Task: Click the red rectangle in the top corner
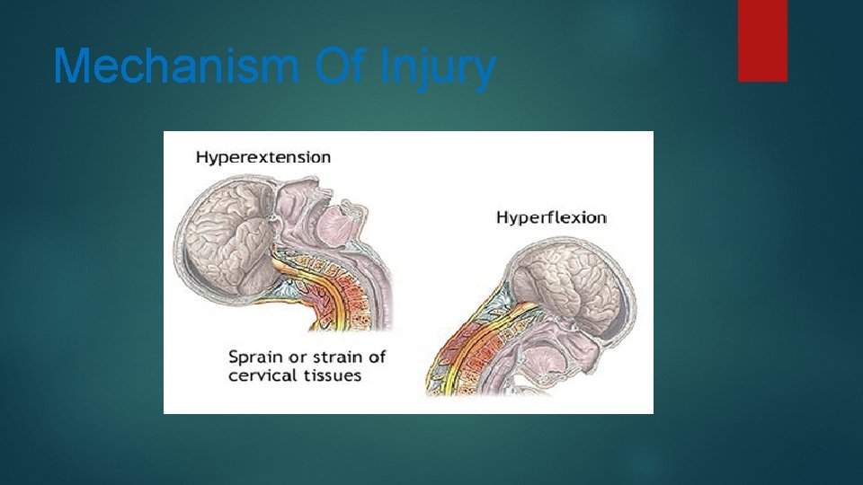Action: point(762,40)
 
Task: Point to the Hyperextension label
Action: point(263,157)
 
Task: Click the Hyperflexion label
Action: point(552,217)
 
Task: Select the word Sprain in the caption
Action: point(257,357)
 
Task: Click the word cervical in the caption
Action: point(262,375)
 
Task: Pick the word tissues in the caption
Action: point(332,375)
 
